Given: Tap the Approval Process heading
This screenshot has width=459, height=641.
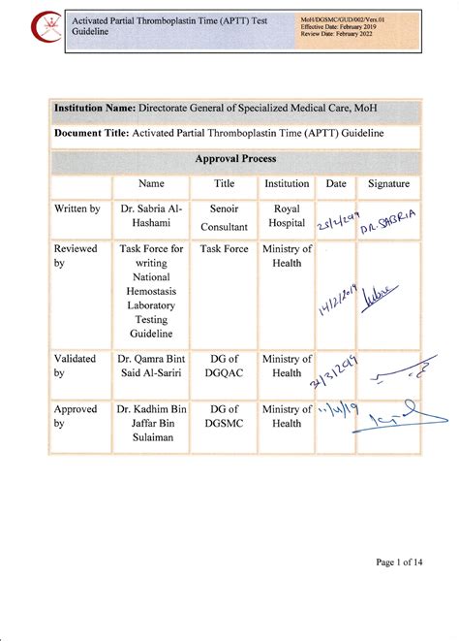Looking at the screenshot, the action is [x=235, y=158].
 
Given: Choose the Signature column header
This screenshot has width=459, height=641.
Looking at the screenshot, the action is [x=389, y=183].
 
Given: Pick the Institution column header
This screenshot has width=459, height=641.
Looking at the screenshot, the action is [x=287, y=183].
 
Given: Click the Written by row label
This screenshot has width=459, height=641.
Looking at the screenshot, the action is [x=77, y=208].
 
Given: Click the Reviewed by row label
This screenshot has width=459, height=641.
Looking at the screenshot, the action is [x=76, y=257].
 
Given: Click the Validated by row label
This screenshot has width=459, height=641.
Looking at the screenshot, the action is [x=76, y=367].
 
